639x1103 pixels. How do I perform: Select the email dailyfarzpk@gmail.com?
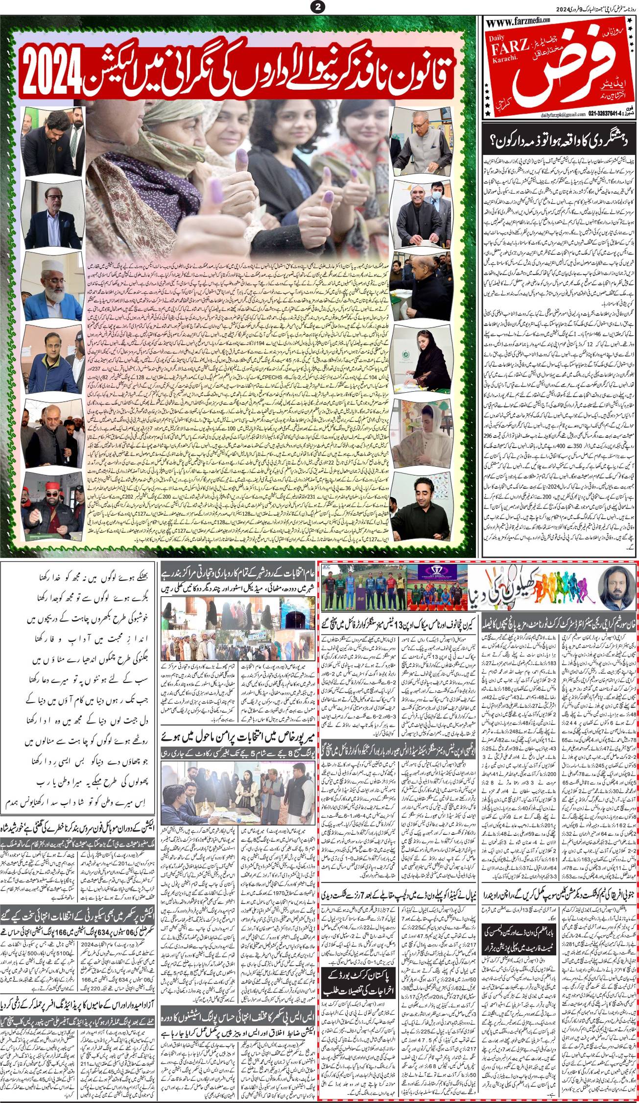click(x=510, y=114)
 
